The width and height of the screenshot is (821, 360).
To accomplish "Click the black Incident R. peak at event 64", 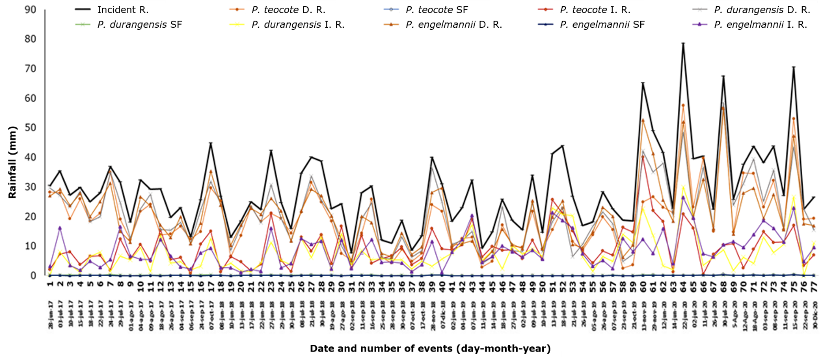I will [x=683, y=43].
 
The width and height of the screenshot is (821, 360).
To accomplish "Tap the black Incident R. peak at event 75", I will [x=793, y=67].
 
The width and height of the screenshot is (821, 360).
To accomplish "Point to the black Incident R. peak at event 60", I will [x=643, y=83].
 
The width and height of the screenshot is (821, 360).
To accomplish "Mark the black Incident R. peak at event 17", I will [x=211, y=143].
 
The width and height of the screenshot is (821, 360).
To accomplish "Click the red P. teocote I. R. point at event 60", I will [x=643, y=156].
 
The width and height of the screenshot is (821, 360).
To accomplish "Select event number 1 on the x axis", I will [x=50, y=283].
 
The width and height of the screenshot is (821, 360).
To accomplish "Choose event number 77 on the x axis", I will [x=814, y=283].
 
